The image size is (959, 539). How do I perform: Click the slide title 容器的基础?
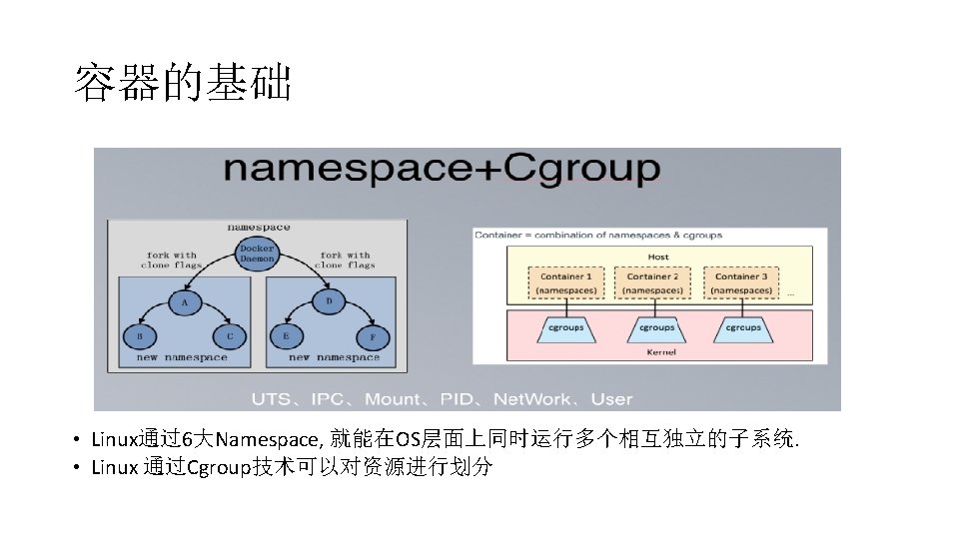[x=183, y=85]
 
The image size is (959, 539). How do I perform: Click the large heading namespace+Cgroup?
[x=442, y=169]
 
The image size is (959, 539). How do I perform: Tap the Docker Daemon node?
[x=257, y=253]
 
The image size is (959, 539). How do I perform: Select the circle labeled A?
[x=184, y=300]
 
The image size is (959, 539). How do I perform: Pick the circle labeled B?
[x=139, y=336]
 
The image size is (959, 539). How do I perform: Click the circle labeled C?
[x=229, y=336]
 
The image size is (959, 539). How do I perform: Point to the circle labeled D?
[x=330, y=300]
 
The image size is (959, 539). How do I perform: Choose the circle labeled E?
[x=286, y=336]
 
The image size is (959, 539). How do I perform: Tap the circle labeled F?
[x=373, y=337]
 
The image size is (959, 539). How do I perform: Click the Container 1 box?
[x=566, y=282]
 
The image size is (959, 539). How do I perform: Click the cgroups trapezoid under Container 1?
[x=566, y=328]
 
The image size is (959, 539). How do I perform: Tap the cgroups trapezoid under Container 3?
[x=742, y=328]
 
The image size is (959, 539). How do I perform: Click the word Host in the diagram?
[x=658, y=257]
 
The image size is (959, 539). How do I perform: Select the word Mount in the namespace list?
[x=393, y=399]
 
